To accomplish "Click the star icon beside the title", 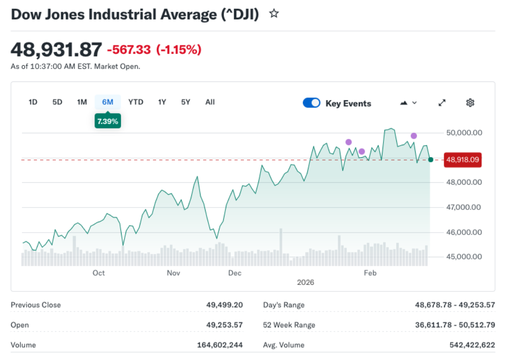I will (x=274, y=14).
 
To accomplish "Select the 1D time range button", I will (x=33, y=102).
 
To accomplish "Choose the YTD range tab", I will (x=135, y=102).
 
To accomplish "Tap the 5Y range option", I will (x=185, y=102).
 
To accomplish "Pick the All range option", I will (x=210, y=102).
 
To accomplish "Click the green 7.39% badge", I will (x=108, y=121).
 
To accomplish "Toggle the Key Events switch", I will (x=311, y=103).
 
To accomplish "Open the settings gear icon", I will (x=470, y=103).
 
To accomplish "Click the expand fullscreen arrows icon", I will (x=442, y=103).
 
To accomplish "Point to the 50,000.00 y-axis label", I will (x=464, y=132).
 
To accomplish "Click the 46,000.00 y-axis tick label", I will (x=464, y=232).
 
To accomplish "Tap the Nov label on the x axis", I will (x=173, y=273).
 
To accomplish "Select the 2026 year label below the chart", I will (x=305, y=282).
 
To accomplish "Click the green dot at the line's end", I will (x=430, y=160).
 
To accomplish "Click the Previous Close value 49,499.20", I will (x=224, y=305).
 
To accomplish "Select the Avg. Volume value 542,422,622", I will (x=472, y=345).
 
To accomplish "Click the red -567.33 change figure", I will (x=129, y=50).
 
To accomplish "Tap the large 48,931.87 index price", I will (x=56, y=49).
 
